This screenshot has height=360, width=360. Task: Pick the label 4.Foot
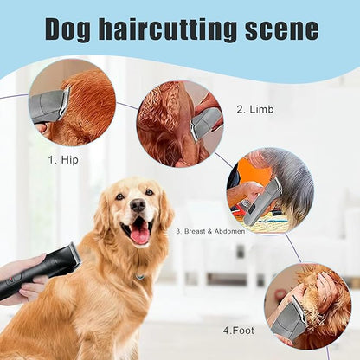[238, 330]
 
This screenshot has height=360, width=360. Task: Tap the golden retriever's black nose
[138, 206]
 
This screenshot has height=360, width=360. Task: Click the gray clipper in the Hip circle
[50, 106]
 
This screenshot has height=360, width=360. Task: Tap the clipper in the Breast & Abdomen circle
[262, 201]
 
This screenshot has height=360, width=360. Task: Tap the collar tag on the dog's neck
[139, 277]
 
